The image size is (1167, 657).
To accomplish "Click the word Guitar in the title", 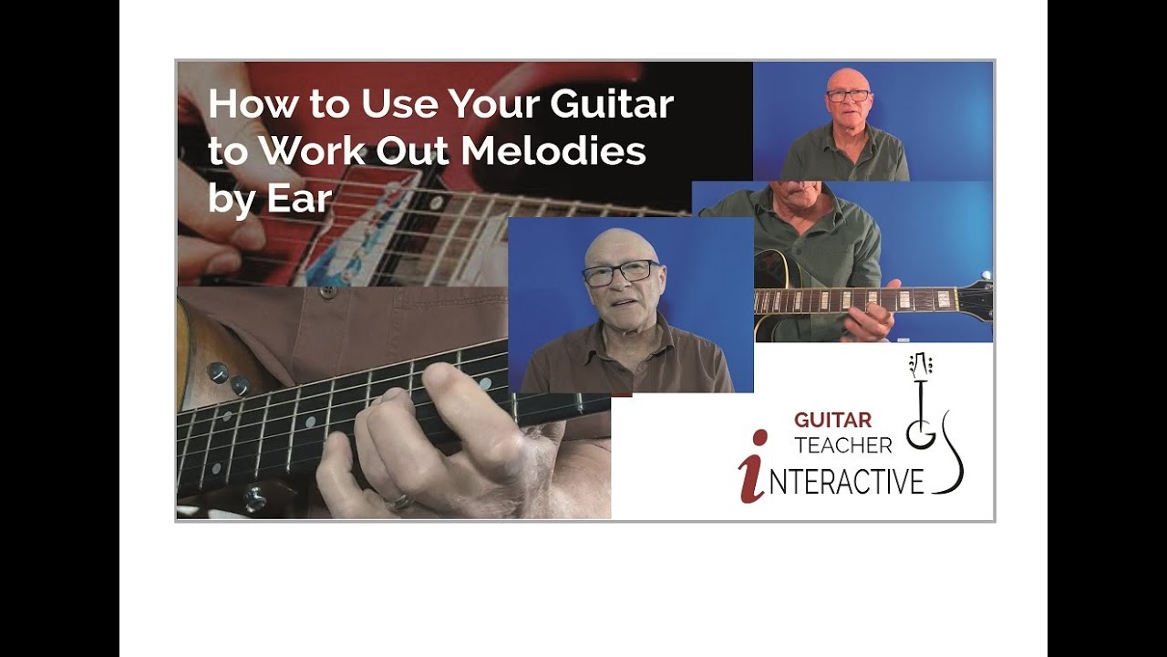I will pos(611,105).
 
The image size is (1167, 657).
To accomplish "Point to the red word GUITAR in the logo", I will pos(832,421).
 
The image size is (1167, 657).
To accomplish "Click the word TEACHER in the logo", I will pos(843,446).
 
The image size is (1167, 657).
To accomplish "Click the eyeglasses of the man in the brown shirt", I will pos(620,273).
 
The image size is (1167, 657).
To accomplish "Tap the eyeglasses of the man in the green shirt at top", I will pos(848,95).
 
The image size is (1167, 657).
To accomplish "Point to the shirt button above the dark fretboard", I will pos(327,292).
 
